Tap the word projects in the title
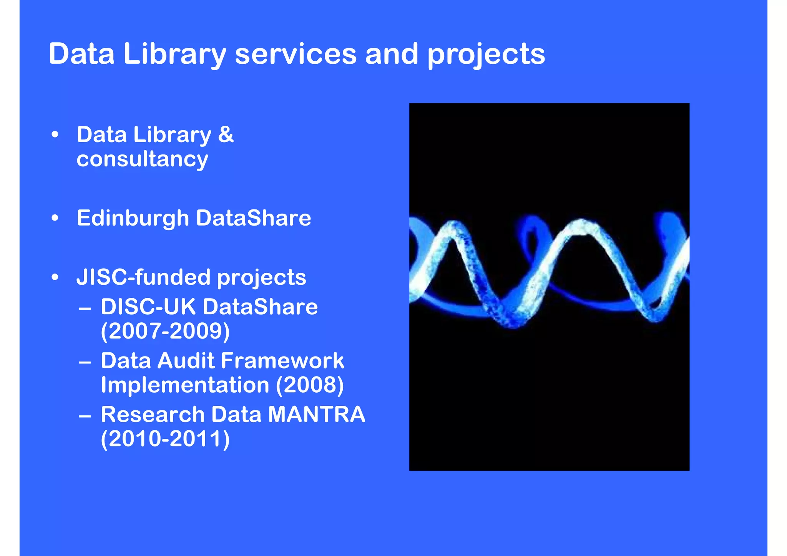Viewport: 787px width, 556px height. pyautogui.click(x=486, y=55)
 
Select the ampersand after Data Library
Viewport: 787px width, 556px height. pyautogui.click(x=226, y=134)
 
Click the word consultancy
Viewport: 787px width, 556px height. pyautogui.click(x=142, y=159)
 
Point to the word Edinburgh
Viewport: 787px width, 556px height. pyautogui.click(x=133, y=218)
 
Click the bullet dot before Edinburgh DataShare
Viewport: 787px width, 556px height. pyautogui.click(x=55, y=218)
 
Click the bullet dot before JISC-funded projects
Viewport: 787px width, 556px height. pyautogui.click(x=55, y=277)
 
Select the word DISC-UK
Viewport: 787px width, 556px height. pyautogui.click(x=148, y=307)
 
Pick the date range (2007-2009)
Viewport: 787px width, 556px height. pyautogui.click(x=165, y=331)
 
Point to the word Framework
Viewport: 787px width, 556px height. pyautogui.click(x=282, y=361)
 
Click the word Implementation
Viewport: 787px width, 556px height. pyautogui.click(x=185, y=385)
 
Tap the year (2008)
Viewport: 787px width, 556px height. pyautogui.click(x=310, y=385)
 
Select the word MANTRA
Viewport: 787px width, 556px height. pyautogui.click(x=316, y=415)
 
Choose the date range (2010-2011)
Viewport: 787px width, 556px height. pyautogui.click(x=165, y=439)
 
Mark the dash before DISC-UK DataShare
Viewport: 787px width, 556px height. pyautogui.click(x=85, y=308)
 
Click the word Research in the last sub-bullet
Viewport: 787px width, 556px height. pyautogui.click(x=153, y=415)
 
